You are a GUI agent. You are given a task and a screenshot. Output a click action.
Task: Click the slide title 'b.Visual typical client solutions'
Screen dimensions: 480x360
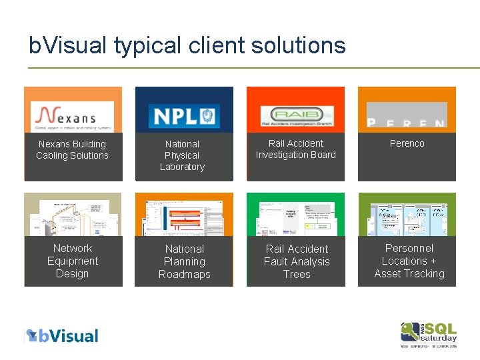pyautogui.click(x=187, y=45)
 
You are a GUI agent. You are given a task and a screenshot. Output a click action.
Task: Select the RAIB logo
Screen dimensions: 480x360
pyautogui.click(x=295, y=115)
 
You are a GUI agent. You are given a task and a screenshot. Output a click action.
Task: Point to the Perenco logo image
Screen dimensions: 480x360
pyautogui.click(x=407, y=115)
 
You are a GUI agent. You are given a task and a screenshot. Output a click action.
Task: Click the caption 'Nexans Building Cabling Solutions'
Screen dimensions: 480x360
pyautogui.click(x=72, y=150)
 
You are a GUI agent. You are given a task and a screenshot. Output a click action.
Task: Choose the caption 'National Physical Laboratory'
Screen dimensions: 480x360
pyautogui.click(x=182, y=155)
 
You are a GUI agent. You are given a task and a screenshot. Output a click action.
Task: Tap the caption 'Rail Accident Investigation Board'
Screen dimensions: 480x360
pyautogui.click(x=295, y=149)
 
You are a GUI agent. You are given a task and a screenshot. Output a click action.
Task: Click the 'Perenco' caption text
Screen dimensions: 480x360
pyautogui.click(x=407, y=143)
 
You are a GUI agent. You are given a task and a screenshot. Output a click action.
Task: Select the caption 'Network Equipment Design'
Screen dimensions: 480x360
pyautogui.click(x=73, y=261)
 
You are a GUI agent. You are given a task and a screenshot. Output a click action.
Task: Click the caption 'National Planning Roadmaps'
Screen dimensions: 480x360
pyautogui.click(x=185, y=261)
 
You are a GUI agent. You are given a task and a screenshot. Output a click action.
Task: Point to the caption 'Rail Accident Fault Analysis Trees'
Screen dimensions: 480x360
pyautogui.click(x=297, y=261)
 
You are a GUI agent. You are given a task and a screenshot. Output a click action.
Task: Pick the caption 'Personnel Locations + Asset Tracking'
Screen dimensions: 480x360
pyautogui.click(x=409, y=261)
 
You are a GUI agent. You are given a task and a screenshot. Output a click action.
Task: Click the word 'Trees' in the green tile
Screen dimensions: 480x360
pyautogui.click(x=297, y=274)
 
